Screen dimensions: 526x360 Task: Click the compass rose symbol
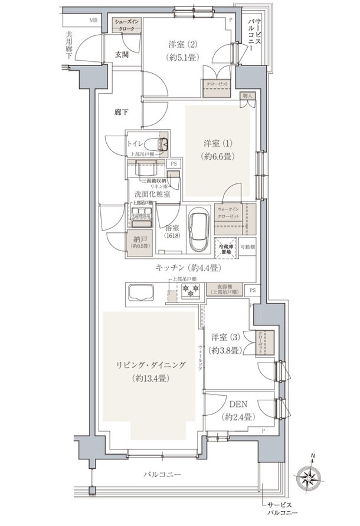313,476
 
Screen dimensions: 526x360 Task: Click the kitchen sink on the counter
139,291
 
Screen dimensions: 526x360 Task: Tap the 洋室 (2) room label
182,50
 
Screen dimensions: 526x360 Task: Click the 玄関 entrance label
122,54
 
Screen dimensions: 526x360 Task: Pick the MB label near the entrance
94,21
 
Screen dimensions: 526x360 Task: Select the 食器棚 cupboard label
224,289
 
